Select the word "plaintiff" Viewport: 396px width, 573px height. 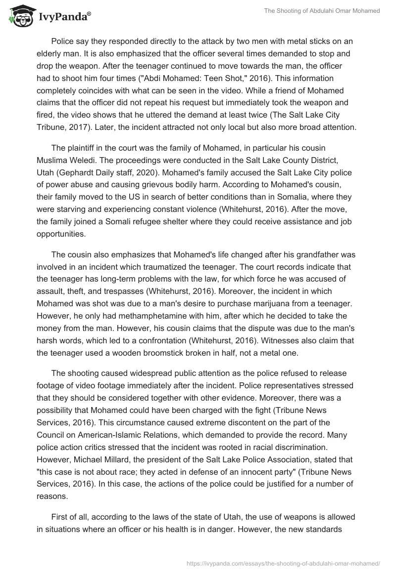click(x=84, y=149)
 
